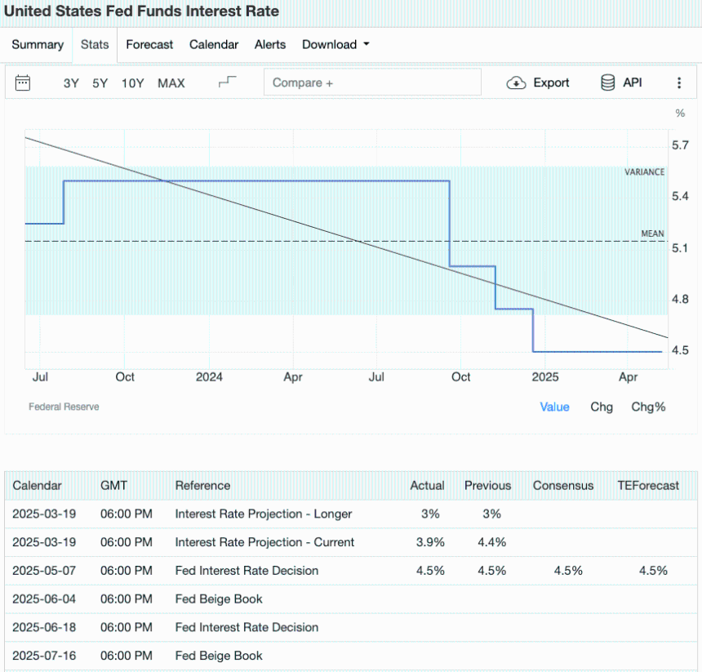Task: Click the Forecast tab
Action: point(149,45)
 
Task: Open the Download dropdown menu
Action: point(335,45)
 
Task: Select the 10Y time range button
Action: point(132,83)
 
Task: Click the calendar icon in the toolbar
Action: point(23,82)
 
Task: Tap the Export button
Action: point(539,82)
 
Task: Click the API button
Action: point(622,82)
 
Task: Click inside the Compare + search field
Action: point(372,82)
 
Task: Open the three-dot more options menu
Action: point(679,82)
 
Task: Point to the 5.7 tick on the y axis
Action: point(680,145)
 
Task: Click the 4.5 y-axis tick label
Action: point(680,350)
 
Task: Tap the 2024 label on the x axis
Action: point(209,377)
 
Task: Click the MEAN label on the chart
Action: point(652,234)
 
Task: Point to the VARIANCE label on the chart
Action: point(644,172)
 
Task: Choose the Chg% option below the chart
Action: point(648,407)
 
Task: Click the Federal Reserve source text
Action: point(64,407)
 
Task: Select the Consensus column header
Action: point(563,485)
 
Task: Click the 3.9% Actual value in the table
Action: point(427,542)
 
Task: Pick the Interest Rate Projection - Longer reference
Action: point(263,514)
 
